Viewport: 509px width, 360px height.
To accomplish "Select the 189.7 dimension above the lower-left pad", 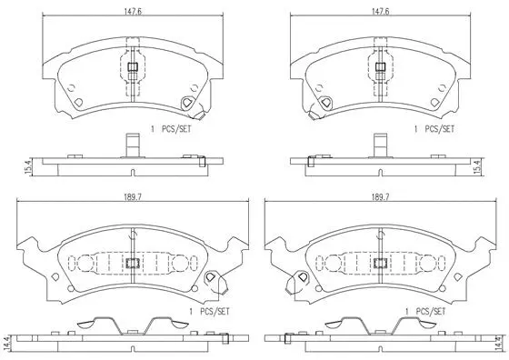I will pyautogui.click(x=133, y=196).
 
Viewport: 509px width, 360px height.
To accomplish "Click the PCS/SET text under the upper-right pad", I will pyautogui.click(x=436, y=129).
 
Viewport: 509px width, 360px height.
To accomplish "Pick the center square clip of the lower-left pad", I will pyautogui.click(x=132, y=264).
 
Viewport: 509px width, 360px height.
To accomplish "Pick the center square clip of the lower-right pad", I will pyautogui.click(x=376, y=264).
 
